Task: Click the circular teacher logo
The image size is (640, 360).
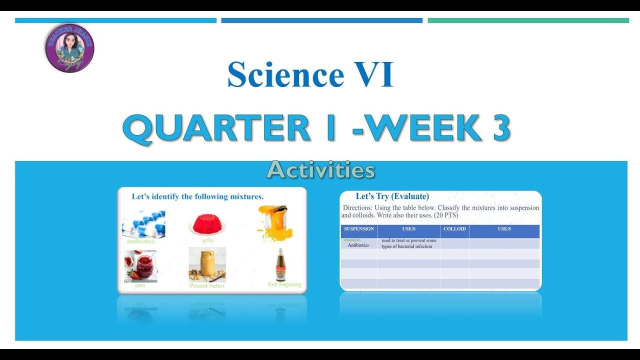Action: point(69,48)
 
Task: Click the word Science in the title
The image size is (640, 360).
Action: point(285,75)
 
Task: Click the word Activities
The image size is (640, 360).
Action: point(320,170)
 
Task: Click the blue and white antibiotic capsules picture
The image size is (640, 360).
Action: point(143,223)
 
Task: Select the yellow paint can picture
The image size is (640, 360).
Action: point(274,221)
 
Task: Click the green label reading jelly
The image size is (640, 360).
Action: point(208,240)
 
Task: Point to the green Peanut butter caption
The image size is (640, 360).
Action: point(207,286)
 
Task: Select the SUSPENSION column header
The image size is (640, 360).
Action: point(359,229)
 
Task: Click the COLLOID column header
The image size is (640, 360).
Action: point(454,229)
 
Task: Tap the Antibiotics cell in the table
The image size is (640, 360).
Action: point(358,245)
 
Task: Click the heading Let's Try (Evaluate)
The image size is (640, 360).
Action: point(392,196)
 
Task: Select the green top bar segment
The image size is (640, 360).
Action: point(528,20)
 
